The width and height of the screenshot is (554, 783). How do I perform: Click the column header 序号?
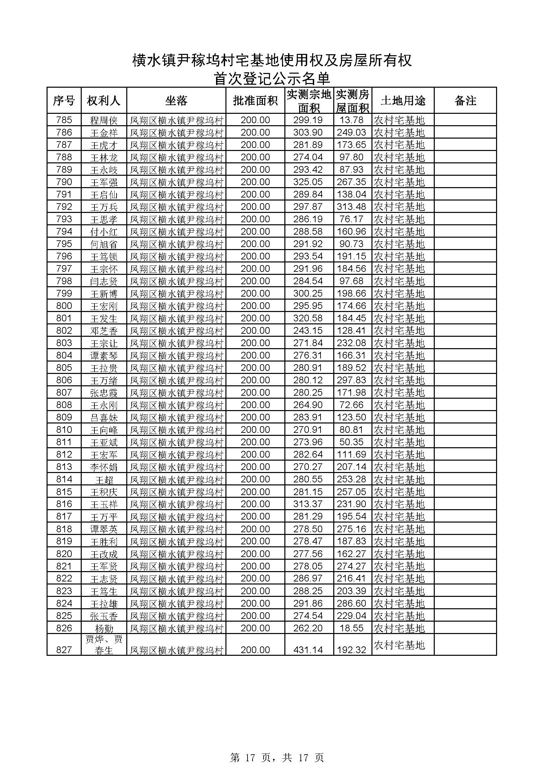(x=64, y=101)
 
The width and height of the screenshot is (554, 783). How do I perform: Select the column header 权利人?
(x=104, y=101)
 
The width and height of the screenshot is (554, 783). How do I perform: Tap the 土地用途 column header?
(x=403, y=101)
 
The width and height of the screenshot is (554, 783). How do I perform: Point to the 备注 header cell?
(x=465, y=101)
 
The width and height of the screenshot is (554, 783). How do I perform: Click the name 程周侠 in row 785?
(x=104, y=121)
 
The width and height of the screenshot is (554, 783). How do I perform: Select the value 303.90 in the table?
(x=308, y=133)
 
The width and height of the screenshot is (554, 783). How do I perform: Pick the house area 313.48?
(x=351, y=207)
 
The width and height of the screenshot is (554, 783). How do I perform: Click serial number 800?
(x=64, y=306)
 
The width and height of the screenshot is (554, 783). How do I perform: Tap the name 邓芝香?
(x=104, y=331)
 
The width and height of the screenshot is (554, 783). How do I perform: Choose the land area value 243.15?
(x=308, y=331)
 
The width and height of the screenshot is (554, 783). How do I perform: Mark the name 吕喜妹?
(x=104, y=417)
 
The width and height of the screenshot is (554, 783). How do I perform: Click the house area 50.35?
(x=351, y=442)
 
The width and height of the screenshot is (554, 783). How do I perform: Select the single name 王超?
(x=104, y=479)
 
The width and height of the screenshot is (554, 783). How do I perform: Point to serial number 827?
(x=64, y=650)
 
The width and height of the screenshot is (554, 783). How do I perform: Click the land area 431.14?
(x=308, y=650)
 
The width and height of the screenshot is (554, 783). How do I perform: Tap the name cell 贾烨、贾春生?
(x=104, y=644)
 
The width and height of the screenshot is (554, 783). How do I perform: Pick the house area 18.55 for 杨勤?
(x=351, y=628)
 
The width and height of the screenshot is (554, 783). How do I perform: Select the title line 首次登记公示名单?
(x=272, y=79)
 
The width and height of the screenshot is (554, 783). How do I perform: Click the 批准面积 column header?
(x=255, y=101)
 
